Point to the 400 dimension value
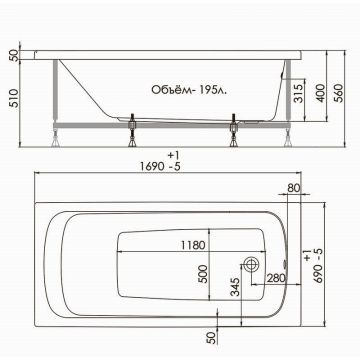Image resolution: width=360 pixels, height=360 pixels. [x=318, y=92]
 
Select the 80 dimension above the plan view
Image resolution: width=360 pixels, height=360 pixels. [x=293, y=187]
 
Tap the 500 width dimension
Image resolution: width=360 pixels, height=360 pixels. [x=205, y=275]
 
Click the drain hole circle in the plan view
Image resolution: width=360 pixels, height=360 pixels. [x=250, y=265]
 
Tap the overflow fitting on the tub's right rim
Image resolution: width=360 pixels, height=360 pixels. [x=284, y=265]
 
